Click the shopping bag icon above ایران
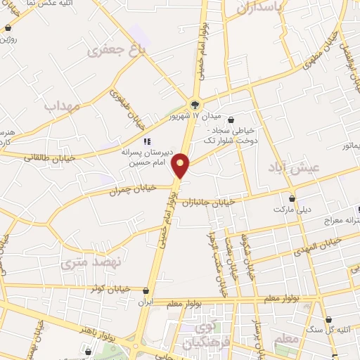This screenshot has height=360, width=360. (x=146, y=290)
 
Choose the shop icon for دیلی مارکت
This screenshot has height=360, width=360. (x=292, y=198)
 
